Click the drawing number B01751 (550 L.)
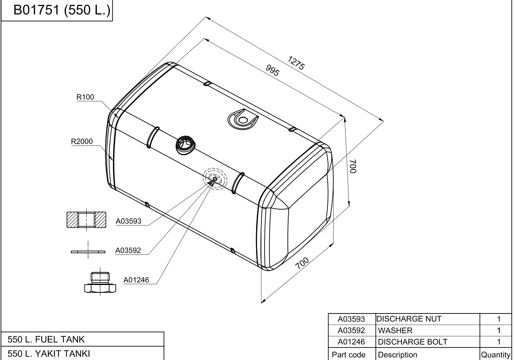(62, 10)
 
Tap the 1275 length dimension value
(296, 63)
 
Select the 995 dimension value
(273, 70)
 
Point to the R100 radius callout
(85, 97)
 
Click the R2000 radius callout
(82, 142)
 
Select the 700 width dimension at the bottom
(302, 263)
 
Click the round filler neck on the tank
(186, 145)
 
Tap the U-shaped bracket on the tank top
(243, 119)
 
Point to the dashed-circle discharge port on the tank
(215, 179)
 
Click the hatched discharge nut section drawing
(86, 220)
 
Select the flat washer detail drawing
(88, 252)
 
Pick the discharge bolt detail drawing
(100, 282)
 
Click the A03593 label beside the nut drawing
(128, 221)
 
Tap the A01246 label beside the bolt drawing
(136, 280)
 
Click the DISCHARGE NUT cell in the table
(409, 319)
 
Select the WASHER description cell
(395, 330)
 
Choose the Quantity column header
(496, 355)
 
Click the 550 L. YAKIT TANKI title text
(49, 354)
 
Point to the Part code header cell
(348, 355)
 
